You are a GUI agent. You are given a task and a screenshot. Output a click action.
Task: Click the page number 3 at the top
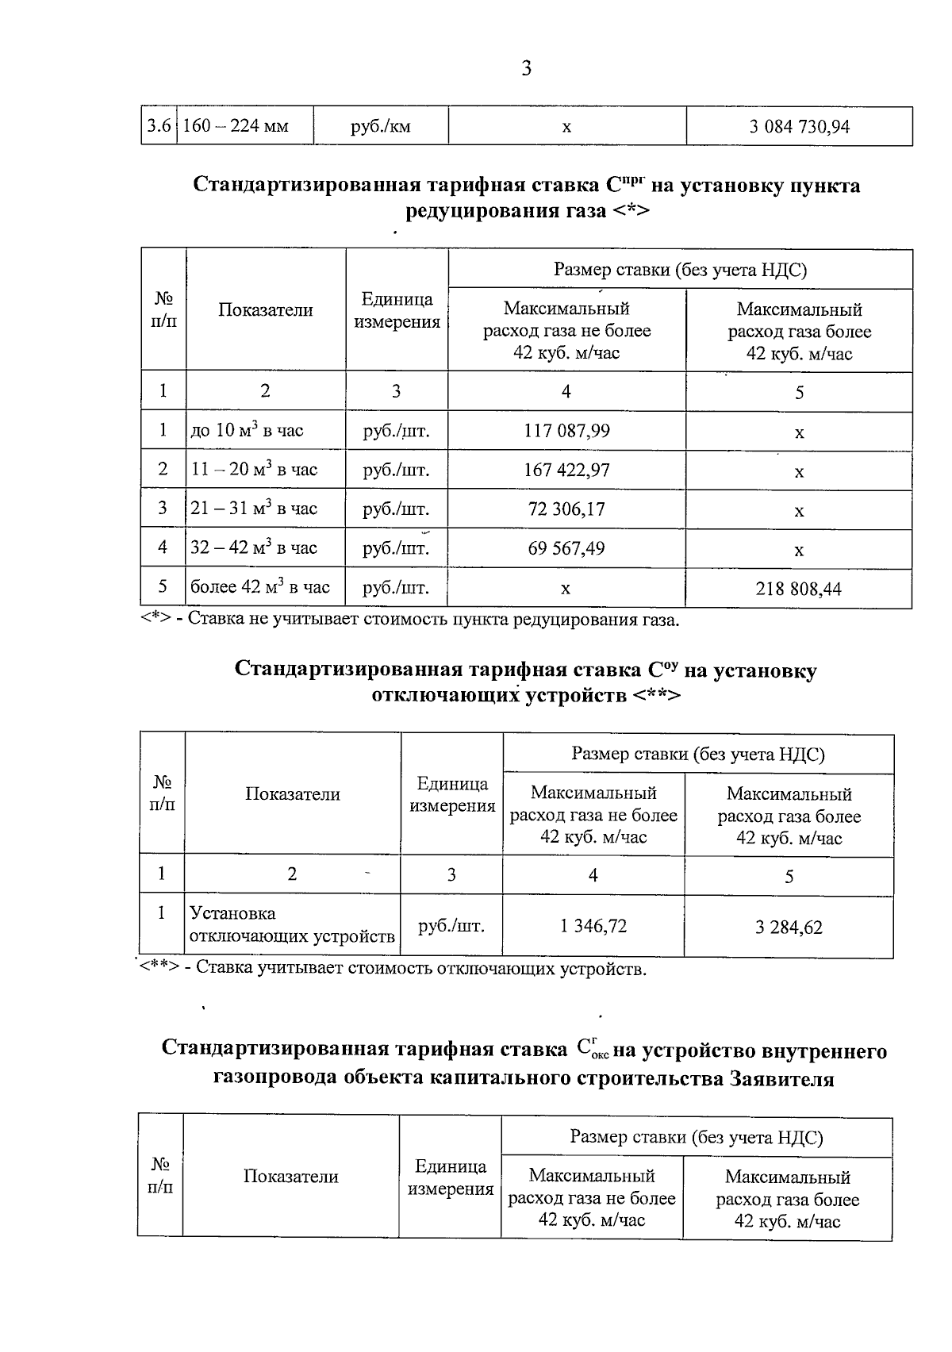[x=526, y=69]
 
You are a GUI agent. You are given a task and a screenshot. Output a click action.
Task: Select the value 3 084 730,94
[x=799, y=126]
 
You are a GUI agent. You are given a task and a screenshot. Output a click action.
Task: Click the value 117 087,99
[x=566, y=431]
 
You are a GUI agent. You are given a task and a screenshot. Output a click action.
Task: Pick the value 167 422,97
[x=566, y=470]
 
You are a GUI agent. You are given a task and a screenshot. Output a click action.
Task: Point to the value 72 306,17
[x=566, y=509]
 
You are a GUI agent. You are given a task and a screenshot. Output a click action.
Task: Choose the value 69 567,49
[x=566, y=547]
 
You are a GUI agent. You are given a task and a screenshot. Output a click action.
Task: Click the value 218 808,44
[x=799, y=589]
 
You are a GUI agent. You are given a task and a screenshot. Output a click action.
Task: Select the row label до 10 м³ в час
[x=247, y=431]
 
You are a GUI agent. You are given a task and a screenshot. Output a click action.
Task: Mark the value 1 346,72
[x=593, y=926]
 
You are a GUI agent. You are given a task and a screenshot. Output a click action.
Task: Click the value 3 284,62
[x=789, y=927]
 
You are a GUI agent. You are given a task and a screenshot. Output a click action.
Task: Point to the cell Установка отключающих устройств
[x=292, y=925]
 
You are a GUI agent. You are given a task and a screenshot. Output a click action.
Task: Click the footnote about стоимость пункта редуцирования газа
[x=410, y=620]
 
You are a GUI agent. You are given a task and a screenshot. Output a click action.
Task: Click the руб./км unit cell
[x=381, y=126]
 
